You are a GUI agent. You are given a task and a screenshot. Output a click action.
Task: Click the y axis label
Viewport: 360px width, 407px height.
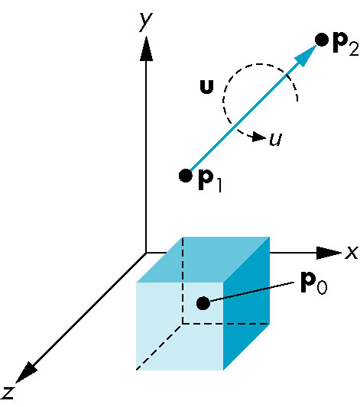pos(146,21)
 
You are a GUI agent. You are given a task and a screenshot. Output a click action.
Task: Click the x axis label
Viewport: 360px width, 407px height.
pos(352,252)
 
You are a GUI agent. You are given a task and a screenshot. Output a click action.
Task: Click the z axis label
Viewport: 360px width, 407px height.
pos(8,392)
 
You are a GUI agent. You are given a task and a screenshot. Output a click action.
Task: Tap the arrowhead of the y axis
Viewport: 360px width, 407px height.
pos(146,49)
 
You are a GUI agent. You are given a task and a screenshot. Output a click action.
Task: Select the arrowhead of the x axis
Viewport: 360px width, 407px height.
pos(329,253)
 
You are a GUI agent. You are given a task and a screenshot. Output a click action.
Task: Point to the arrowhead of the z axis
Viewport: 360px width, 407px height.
pos(25,373)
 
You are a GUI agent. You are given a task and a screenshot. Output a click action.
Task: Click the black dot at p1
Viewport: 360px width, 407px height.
pos(186,176)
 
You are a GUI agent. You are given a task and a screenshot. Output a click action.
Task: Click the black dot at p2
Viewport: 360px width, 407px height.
pos(322,40)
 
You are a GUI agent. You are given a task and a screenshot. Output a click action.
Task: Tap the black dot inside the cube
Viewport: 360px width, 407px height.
pos(203,303)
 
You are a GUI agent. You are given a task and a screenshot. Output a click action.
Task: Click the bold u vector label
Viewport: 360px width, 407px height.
pos(207,87)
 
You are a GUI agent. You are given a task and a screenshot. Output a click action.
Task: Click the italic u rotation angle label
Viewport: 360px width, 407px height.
pos(276,140)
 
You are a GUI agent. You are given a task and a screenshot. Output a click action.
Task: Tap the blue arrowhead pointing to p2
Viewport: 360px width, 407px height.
pos(305,57)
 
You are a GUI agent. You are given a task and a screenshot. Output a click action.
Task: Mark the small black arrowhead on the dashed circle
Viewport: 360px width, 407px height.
pos(259,137)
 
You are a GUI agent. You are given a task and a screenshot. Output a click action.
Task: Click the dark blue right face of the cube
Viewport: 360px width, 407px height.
pos(246,303)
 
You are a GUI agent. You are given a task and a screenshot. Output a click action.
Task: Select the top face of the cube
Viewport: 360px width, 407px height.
pos(203,260)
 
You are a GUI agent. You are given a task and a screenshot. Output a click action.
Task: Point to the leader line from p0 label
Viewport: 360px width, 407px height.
pos(251,292)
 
